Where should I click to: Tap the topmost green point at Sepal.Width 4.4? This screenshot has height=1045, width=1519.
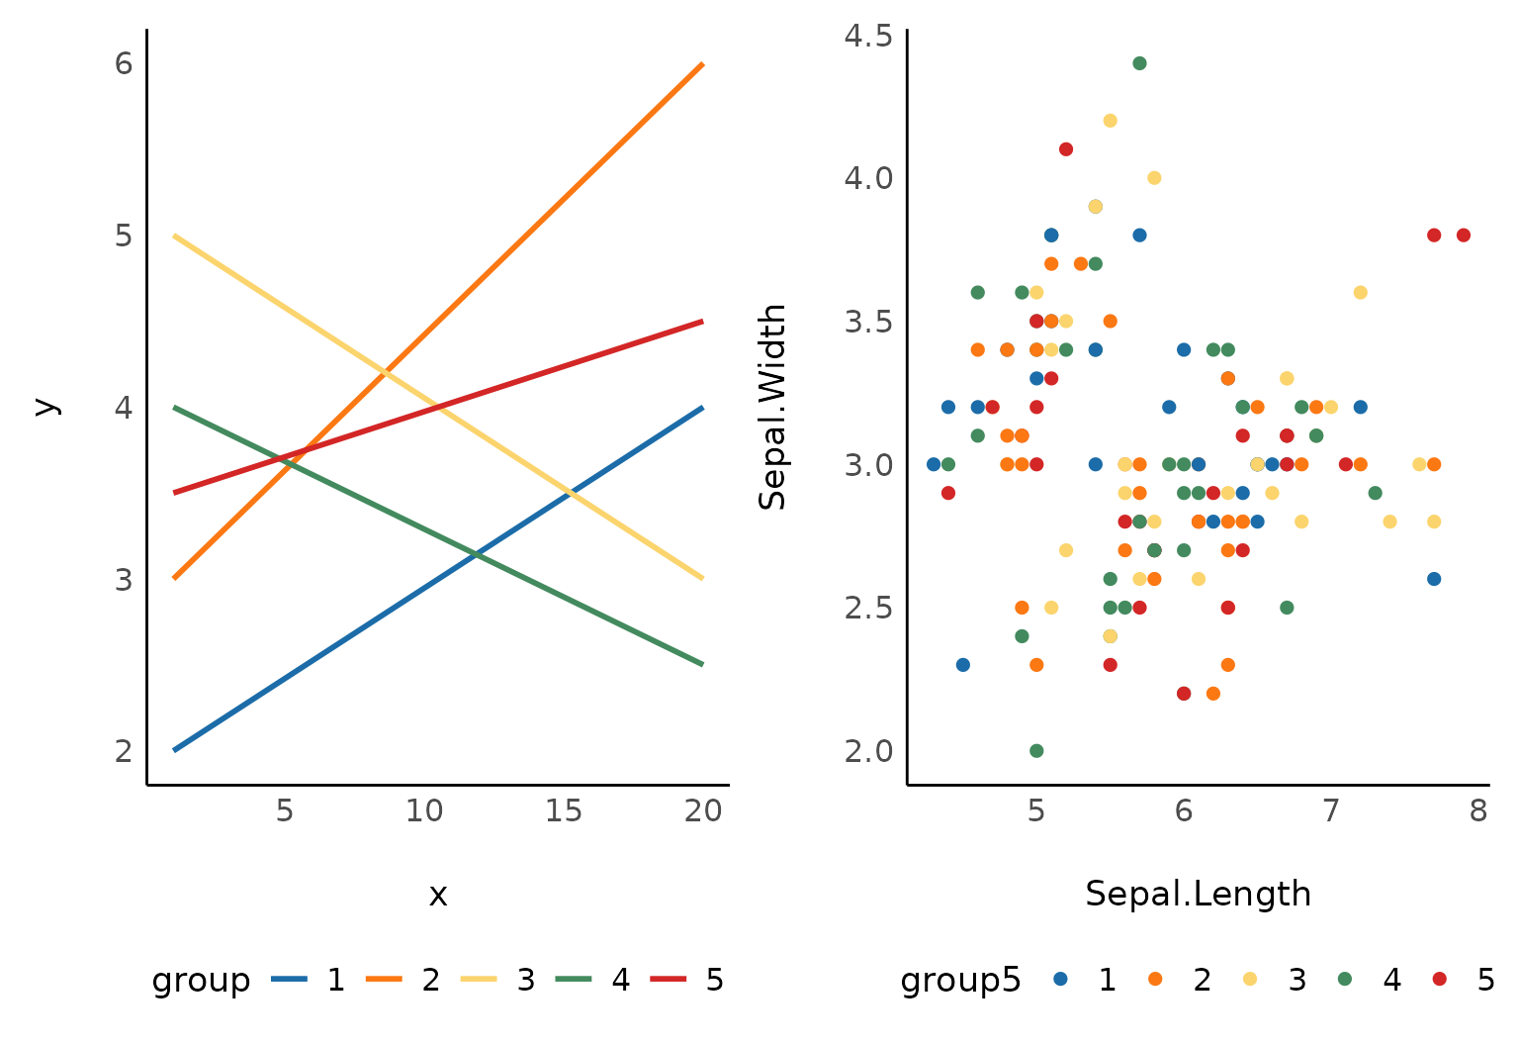click(x=1139, y=63)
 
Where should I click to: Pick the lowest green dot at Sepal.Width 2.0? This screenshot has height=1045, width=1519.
click(x=1036, y=750)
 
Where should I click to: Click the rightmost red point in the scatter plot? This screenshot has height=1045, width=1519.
click(x=1464, y=236)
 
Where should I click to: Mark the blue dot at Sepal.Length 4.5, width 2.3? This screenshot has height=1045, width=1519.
click(x=963, y=665)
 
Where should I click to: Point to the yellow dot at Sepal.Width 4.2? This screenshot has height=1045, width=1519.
click(x=1110, y=121)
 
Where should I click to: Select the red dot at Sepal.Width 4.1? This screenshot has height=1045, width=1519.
click(x=1066, y=149)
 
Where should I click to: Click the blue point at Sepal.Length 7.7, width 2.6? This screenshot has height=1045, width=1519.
click(x=1434, y=579)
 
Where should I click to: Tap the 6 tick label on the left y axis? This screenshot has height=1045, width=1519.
click(x=124, y=63)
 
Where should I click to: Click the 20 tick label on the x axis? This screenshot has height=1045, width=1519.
click(x=703, y=811)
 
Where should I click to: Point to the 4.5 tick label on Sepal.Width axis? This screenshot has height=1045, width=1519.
click(x=868, y=36)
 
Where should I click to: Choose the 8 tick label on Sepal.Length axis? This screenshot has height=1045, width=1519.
click(x=1478, y=811)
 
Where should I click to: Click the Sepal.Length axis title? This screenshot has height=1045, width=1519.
click(x=1198, y=894)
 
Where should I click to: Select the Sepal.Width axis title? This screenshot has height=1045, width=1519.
click(x=772, y=407)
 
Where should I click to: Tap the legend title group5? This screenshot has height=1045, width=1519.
click(x=960, y=980)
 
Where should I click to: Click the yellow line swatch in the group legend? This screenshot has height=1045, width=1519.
click(x=480, y=980)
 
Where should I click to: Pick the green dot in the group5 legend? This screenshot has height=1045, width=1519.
click(x=1345, y=979)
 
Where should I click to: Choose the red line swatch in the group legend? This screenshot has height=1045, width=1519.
click(x=670, y=980)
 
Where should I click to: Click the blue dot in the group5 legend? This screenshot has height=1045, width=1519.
click(x=1061, y=979)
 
